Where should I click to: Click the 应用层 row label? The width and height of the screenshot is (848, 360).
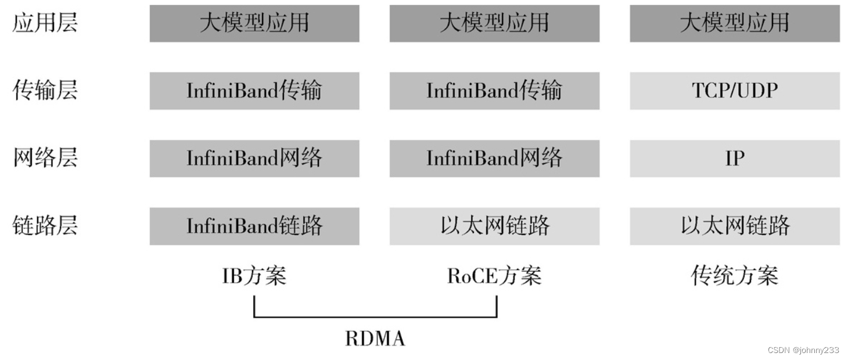pos(45,23)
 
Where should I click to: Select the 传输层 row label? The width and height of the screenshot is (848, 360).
pos(45,91)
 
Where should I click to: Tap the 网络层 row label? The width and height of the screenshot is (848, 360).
pos(45,158)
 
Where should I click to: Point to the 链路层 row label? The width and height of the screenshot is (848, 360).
pos(45,225)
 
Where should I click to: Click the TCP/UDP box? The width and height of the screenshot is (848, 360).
pos(735,91)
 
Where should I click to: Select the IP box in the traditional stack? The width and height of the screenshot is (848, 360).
pos(735,158)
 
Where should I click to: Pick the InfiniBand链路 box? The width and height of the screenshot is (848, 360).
pos(254,226)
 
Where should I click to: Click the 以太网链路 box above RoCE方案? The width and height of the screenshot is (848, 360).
pos(494,226)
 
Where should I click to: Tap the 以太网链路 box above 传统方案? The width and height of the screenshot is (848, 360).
pos(735,226)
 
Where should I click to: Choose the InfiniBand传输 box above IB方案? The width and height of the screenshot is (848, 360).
pos(254,91)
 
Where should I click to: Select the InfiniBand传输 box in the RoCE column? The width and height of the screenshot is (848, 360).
pos(494,91)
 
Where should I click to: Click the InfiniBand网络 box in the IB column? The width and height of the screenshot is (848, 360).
pos(254,158)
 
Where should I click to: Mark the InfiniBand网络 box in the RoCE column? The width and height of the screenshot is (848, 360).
pos(494,158)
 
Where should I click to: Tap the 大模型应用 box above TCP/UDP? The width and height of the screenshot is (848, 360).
pos(735,23)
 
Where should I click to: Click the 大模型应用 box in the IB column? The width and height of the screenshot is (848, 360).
pos(254,23)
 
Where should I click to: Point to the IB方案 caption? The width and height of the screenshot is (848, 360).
pos(254,276)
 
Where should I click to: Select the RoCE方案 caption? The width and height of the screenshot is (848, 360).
pos(494,276)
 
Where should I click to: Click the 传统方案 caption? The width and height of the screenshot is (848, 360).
pos(735,276)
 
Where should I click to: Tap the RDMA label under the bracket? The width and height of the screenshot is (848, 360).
pos(375,339)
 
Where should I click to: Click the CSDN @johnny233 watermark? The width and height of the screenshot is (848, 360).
pos(803,350)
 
